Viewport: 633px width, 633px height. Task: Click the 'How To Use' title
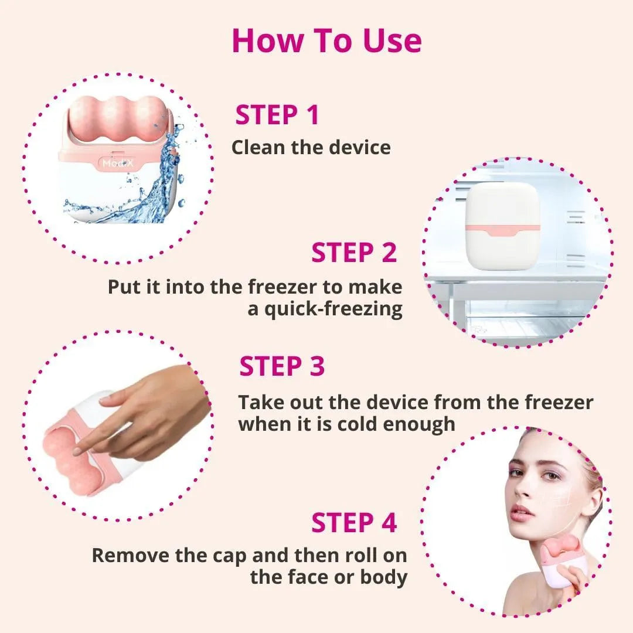(x=326, y=40)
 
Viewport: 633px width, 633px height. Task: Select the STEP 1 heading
(x=277, y=115)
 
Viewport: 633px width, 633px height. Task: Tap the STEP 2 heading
(x=354, y=253)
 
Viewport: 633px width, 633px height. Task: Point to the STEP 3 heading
(x=282, y=366)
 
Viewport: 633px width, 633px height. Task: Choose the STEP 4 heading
(x=354, y=523)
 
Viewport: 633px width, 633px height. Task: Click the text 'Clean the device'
(x=311, y=147)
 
